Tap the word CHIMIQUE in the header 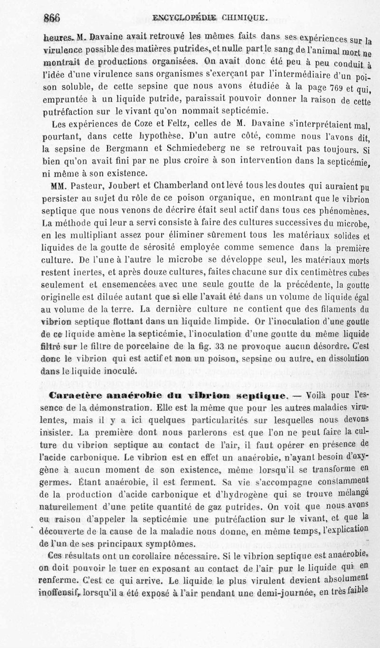(x=246, y=19)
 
